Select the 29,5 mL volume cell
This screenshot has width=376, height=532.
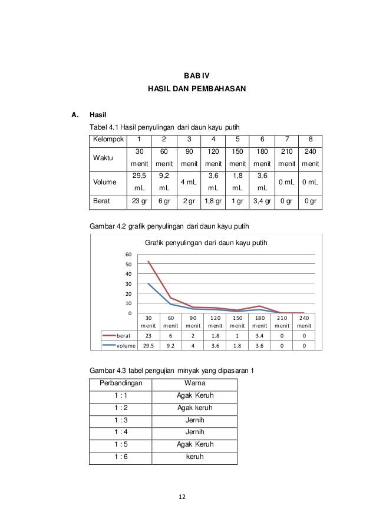(139, 181)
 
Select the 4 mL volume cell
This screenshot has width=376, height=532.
(189, 181)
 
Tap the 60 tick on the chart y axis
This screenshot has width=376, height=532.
(128, 254)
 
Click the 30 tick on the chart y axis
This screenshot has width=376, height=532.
(128, 283)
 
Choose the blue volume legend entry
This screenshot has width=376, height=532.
(116, 345)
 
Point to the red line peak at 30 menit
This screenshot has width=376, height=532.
(149, 261)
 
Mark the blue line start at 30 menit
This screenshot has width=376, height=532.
(149, 284)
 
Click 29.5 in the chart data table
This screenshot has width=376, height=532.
(149, 345)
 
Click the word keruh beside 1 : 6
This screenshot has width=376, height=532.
(187, 458)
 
